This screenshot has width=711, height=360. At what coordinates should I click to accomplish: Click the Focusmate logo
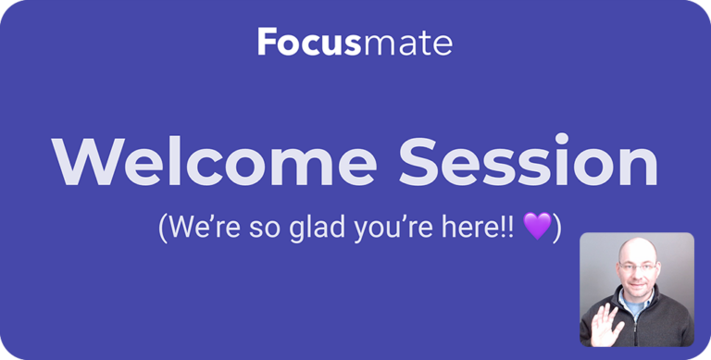355,42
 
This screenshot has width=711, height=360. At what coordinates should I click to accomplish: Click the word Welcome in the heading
214,164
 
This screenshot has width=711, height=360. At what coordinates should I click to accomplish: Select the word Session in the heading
528,164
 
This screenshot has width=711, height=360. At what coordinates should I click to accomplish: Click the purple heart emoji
537,227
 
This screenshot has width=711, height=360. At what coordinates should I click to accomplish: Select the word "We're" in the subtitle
197,227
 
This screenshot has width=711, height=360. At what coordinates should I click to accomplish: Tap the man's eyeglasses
636,275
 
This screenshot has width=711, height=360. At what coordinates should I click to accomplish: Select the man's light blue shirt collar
626,310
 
